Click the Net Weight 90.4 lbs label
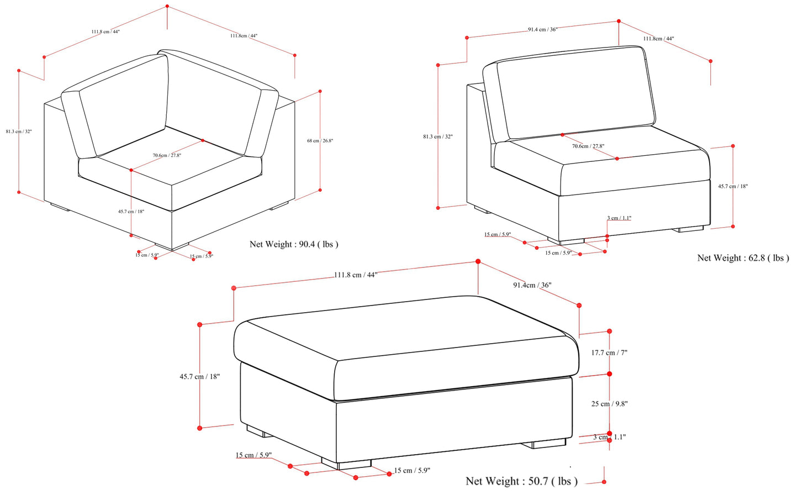click(294, 244)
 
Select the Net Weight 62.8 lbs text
click(743, 258)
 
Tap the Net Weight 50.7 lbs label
click(521, 481)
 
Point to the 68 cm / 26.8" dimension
click(320, 141)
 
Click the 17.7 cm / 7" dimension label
click(609, 352)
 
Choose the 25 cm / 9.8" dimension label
click(609, 404)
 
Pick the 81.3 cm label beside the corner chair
click(19, 131)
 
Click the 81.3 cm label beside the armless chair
click(437, 136)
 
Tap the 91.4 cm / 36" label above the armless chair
click(542, 30)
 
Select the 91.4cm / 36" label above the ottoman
click(532, 285)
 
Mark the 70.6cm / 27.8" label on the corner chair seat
click(167, 155)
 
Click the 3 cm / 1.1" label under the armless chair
click(619, 218)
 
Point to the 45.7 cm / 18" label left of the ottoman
click(199, 377)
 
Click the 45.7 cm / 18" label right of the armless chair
click(733, 187)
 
